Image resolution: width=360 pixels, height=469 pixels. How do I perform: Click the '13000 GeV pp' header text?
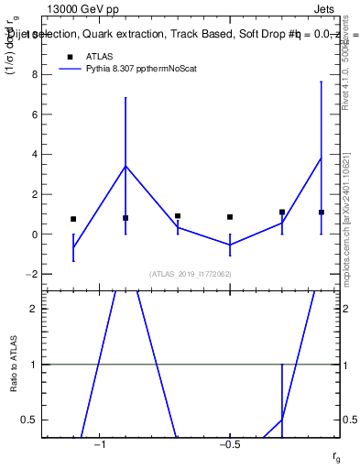tap(82, 11)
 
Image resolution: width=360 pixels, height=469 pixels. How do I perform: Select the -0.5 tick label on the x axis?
tap(228, 445)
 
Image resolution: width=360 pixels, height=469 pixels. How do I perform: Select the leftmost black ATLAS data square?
tap(73, 219)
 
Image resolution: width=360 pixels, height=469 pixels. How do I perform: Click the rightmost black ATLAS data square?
tap(322, 212)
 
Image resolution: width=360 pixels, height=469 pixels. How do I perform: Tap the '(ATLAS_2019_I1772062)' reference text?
tap(191, 273)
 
